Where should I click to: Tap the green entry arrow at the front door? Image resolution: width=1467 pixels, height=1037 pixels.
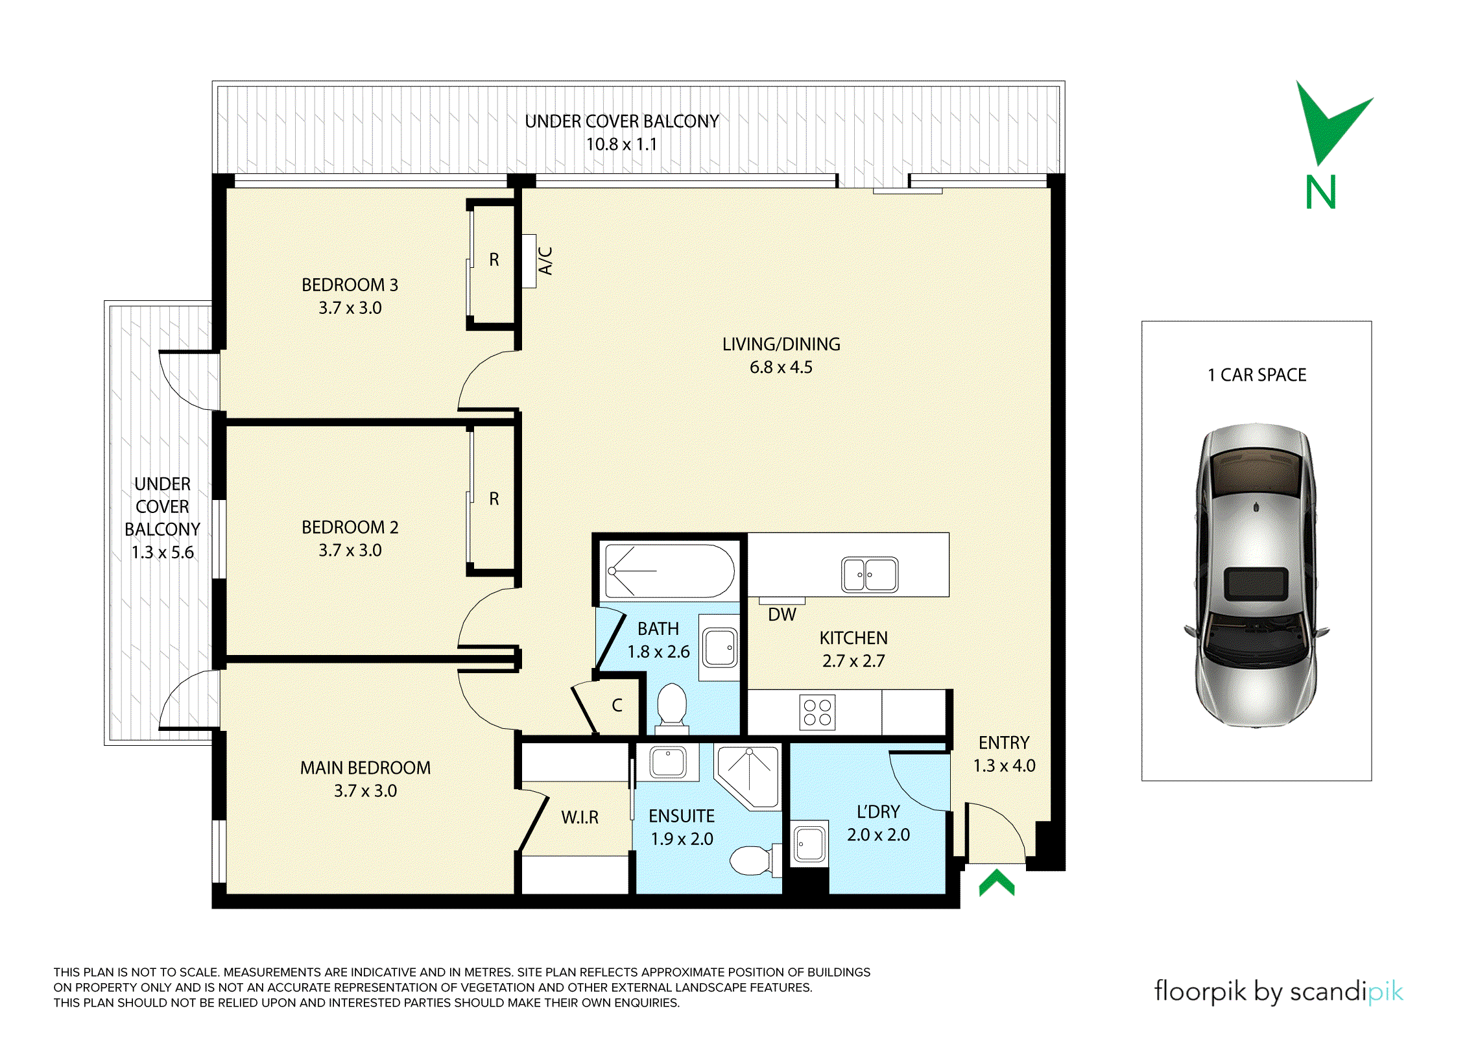tap(997, 883)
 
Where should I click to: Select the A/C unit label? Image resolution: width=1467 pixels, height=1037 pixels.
tap(545, 261)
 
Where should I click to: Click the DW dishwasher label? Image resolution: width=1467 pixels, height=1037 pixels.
tap(781, 615)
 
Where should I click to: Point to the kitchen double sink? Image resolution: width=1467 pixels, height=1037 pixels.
tap(870, 575)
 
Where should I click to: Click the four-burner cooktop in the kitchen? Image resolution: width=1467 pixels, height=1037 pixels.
tap(817, 712)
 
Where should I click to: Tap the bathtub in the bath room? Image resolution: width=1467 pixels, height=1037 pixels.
tap(669, 571)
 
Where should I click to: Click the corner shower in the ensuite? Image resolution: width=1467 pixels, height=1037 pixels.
tap(747, 777)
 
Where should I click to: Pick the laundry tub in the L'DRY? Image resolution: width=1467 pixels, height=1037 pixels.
tap(809, 844)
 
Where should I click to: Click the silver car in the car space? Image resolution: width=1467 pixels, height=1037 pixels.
tap(1256, 575)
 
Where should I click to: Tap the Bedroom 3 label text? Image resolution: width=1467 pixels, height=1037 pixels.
tap(350, 285)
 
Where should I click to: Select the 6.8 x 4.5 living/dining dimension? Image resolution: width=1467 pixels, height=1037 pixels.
tap(781, 367)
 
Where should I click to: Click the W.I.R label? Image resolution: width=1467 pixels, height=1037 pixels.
tap(580, 817)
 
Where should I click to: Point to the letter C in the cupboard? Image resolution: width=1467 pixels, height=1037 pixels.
tap(617, 705)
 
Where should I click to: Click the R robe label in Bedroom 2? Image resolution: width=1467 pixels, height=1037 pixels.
tap(494, 498)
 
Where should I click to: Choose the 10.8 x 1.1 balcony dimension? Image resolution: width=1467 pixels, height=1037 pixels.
tap(621, 144)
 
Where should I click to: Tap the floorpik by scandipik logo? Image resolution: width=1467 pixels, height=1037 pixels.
tap(1278, 992)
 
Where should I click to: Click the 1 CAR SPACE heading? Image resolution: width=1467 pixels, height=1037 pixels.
tap(1257, 375)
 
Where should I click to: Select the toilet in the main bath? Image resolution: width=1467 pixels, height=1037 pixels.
tap(672, 708)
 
